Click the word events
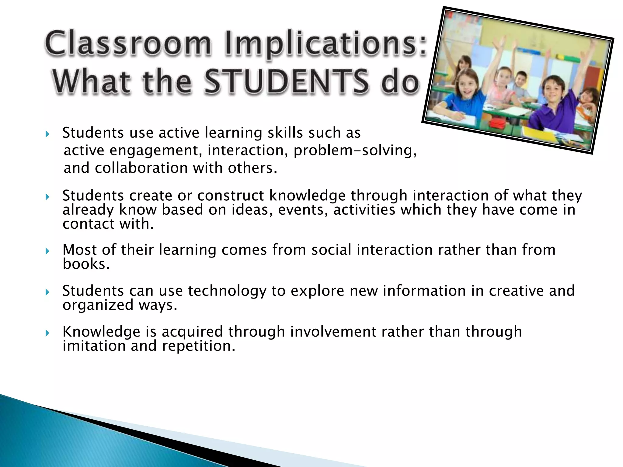(x=303, y=209)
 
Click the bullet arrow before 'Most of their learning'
(x=47, y=251)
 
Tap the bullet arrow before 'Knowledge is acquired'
(x=47, y=333)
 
